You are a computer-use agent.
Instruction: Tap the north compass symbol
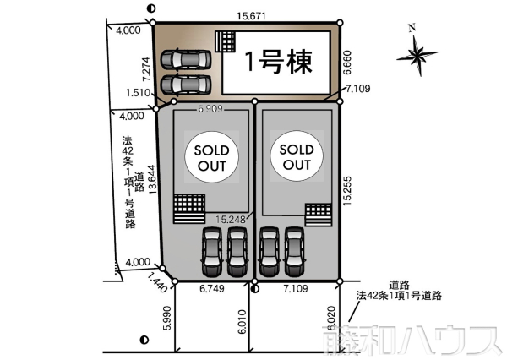coord(417,54)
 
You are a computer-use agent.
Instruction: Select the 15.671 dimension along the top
coord(247,15)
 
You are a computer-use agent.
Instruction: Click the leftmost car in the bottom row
coord(210,251)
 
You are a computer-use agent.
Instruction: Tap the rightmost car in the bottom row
coord(293,251)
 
